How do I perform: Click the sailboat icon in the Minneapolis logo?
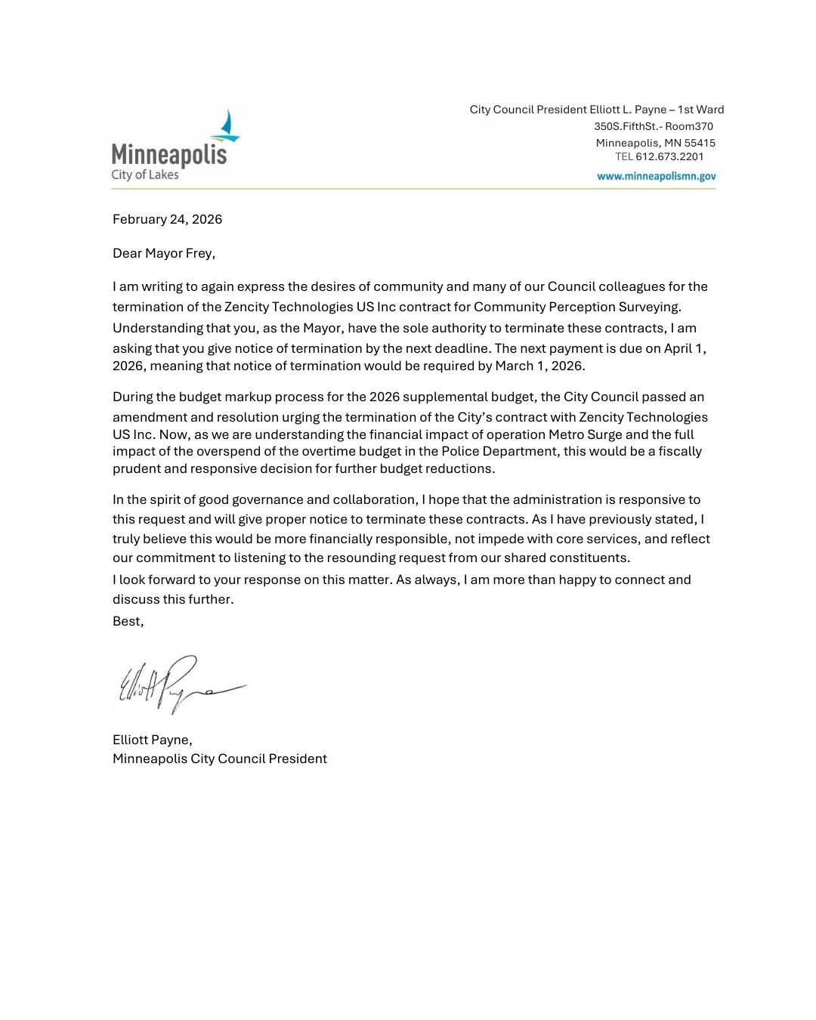pos(226,127)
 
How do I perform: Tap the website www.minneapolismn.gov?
pos(656,176)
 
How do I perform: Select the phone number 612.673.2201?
pos(669,157)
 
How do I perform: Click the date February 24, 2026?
pos(167,219)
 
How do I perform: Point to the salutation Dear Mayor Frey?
pos(163,253)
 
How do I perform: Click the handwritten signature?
pos(178,685)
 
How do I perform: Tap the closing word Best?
pos(127,621)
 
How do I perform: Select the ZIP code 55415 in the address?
pos(700,143)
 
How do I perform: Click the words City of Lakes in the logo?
pos(145,175)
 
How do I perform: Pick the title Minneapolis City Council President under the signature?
pos(220,759)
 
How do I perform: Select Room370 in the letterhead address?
pos(689,126)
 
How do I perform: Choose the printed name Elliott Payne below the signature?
pos(151,740)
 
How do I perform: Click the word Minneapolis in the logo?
pos(169,155)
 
